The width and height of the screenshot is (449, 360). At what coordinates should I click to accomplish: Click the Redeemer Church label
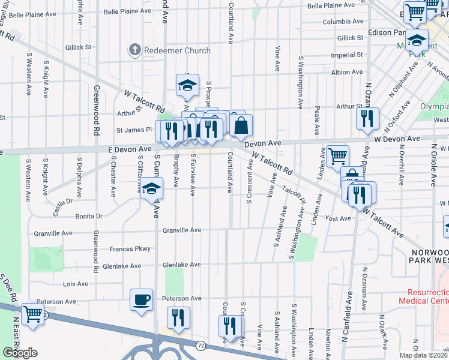174,51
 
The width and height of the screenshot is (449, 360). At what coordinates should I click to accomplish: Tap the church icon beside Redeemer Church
135,51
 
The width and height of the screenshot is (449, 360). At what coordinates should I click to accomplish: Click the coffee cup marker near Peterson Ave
142,299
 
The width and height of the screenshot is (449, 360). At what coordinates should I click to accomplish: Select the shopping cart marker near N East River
32,314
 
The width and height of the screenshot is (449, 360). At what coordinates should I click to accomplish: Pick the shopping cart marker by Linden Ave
337,156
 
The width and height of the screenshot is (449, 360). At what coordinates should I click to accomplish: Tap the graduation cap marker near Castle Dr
152,188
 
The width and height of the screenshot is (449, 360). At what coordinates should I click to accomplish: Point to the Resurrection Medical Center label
423,296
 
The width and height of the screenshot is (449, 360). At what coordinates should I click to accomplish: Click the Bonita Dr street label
89,216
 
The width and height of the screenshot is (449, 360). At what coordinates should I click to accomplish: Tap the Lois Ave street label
76,284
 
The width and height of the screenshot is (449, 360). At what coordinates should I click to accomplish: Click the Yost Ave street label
337,219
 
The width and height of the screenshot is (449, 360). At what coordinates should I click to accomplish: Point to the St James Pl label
135,129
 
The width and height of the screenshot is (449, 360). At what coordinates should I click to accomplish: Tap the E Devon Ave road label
130,149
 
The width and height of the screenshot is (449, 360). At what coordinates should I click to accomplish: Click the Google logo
20,353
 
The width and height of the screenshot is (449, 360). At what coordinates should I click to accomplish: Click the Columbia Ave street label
343,21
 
